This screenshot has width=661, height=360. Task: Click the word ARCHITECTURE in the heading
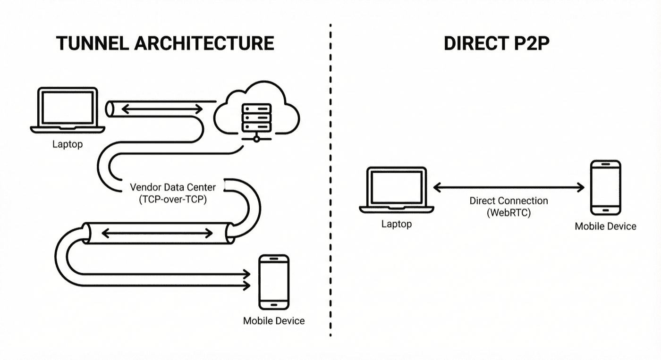pos(203,43)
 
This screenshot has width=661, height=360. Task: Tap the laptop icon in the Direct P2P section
pos(396,190)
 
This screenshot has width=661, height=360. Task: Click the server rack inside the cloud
pos(256,118)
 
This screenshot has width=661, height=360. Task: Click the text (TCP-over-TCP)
pos(173,199)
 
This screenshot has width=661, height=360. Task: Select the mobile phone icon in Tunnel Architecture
pos(273,282)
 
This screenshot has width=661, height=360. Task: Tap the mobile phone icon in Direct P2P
pos(605,188)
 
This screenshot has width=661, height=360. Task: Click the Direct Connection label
pos(508,201)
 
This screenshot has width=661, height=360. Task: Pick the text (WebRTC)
pos(508,213)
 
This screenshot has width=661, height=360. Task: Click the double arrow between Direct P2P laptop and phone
pos(508,188)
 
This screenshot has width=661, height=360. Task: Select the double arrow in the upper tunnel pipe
pos(162,109)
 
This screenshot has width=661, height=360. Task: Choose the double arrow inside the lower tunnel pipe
pos(157,233)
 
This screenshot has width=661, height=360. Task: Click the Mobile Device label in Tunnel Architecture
pos(274,321)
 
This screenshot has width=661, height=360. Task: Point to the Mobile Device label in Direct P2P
pos(605,226)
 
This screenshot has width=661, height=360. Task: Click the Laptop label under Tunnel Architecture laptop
pos(68,144)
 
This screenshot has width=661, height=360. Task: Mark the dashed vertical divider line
pos(330,189)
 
